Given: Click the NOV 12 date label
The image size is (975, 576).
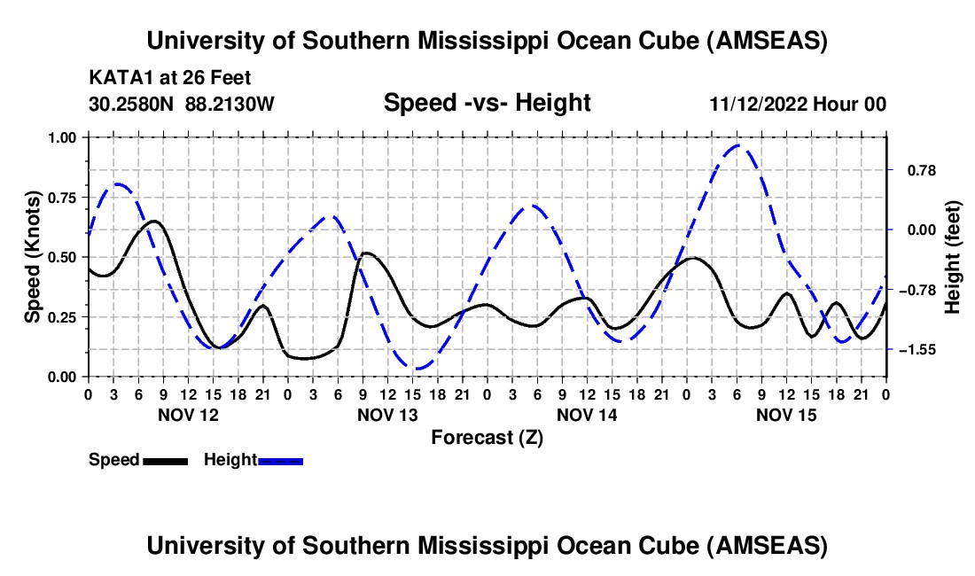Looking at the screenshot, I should tap(187, 415).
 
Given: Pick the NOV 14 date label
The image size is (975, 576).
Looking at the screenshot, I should tap(586, 415).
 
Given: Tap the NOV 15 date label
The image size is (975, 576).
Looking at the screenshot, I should tap(785, 415).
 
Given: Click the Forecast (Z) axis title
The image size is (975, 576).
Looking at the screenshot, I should tap(487, 437).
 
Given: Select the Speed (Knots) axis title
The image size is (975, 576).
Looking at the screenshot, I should tap(33, 257).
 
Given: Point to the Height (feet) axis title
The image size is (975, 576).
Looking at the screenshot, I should tap(953, 257).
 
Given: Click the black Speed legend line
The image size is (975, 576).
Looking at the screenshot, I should tap(164, 460).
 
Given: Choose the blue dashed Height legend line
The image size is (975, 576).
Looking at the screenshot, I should tap(280, 460).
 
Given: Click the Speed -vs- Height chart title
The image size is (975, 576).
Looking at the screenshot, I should tap(487, 103).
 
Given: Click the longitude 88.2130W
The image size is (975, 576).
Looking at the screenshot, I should tap(230, 104).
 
